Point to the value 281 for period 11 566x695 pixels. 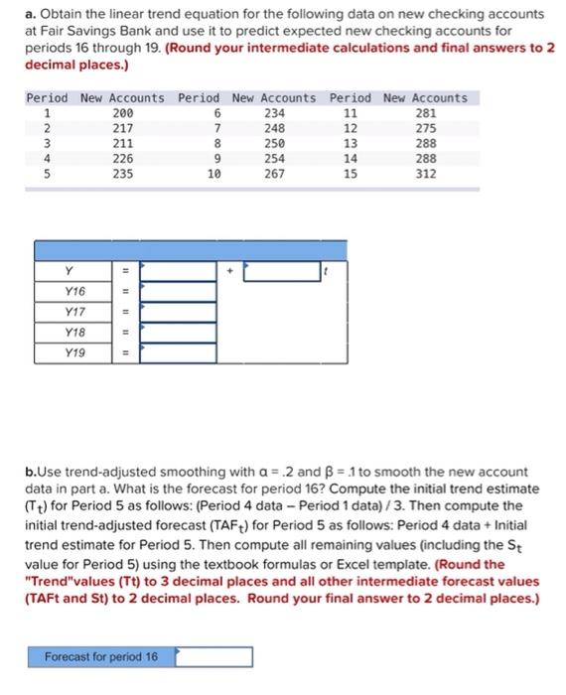[x=424, y=113]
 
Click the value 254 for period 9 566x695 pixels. [x=274, y=158]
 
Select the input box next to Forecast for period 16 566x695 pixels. [x=213, y=657]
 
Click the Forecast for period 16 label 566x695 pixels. [x=101, y=657]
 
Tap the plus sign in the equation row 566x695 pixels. [x=229, y=269]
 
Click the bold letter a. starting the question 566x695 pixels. [x=29, y=14]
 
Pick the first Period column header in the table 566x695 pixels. [x=47, y=98]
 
